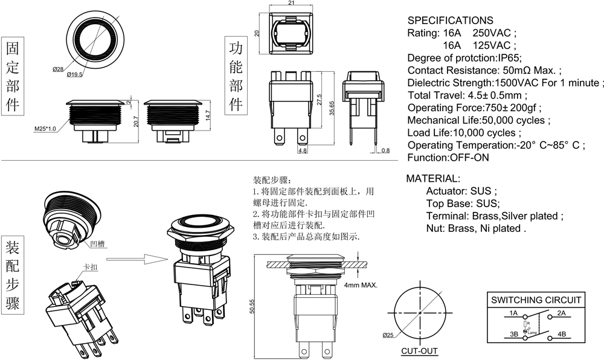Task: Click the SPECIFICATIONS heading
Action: [x=450, y=21]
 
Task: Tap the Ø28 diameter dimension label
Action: [x=58, y=69]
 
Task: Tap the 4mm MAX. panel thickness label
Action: [x=361, y=285]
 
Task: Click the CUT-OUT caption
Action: [x=419, y=351]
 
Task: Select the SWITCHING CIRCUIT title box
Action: [x=536, y=300]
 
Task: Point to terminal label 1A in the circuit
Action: [x=513, y=313]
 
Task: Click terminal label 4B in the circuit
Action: [x=561, y=334]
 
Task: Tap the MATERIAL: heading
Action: [x=433, y=179]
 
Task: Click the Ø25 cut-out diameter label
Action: [x=388, y=335]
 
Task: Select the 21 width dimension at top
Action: [x=291, y=4]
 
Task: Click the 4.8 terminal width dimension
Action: [x=302, y=151]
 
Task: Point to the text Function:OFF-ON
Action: [x=448, y=158]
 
